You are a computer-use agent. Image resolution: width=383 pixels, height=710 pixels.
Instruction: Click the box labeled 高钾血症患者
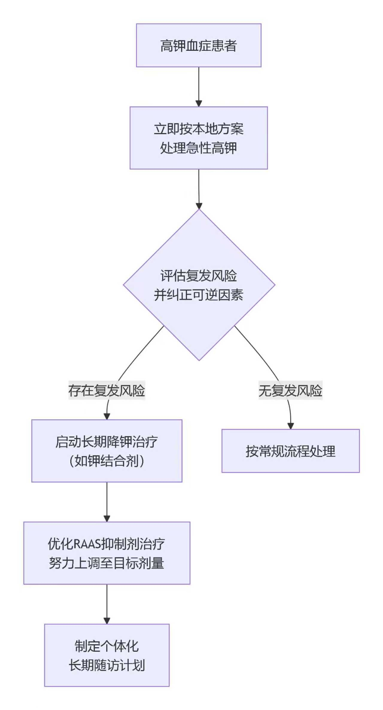point(199,46)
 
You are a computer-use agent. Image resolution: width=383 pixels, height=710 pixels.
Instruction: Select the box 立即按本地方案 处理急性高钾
point(199,138)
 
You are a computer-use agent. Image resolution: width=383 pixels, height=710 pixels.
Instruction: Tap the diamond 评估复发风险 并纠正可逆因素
point(199,285)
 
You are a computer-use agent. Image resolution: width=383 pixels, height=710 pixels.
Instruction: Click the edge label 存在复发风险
point(107,390)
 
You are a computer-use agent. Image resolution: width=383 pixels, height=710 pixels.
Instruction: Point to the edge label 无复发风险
point(290,390)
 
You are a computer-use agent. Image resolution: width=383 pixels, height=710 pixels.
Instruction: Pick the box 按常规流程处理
point(290,451)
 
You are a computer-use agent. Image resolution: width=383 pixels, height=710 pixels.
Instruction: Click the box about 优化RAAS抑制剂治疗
point(107,553)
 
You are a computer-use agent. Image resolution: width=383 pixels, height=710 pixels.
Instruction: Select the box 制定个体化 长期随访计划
point(107,655)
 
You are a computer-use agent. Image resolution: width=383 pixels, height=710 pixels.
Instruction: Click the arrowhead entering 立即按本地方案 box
point(199,104)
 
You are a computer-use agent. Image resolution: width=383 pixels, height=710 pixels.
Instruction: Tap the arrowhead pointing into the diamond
point(199,206)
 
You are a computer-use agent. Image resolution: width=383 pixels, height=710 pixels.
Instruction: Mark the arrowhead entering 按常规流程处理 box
point(291,426)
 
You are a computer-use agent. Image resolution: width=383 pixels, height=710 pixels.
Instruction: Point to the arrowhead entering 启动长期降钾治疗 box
point(107,416)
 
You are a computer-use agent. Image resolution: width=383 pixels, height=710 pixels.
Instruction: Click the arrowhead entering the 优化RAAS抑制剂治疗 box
point(107,519)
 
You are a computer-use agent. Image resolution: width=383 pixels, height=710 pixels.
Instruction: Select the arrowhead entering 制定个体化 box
point(107,621)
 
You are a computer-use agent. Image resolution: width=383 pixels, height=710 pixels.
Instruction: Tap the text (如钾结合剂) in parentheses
point(107,461)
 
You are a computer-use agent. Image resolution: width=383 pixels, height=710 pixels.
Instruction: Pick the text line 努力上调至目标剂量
point(107,563)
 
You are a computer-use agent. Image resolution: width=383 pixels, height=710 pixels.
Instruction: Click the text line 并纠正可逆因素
point(199,295)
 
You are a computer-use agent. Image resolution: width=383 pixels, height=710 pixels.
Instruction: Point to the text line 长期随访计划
point(107,665)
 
